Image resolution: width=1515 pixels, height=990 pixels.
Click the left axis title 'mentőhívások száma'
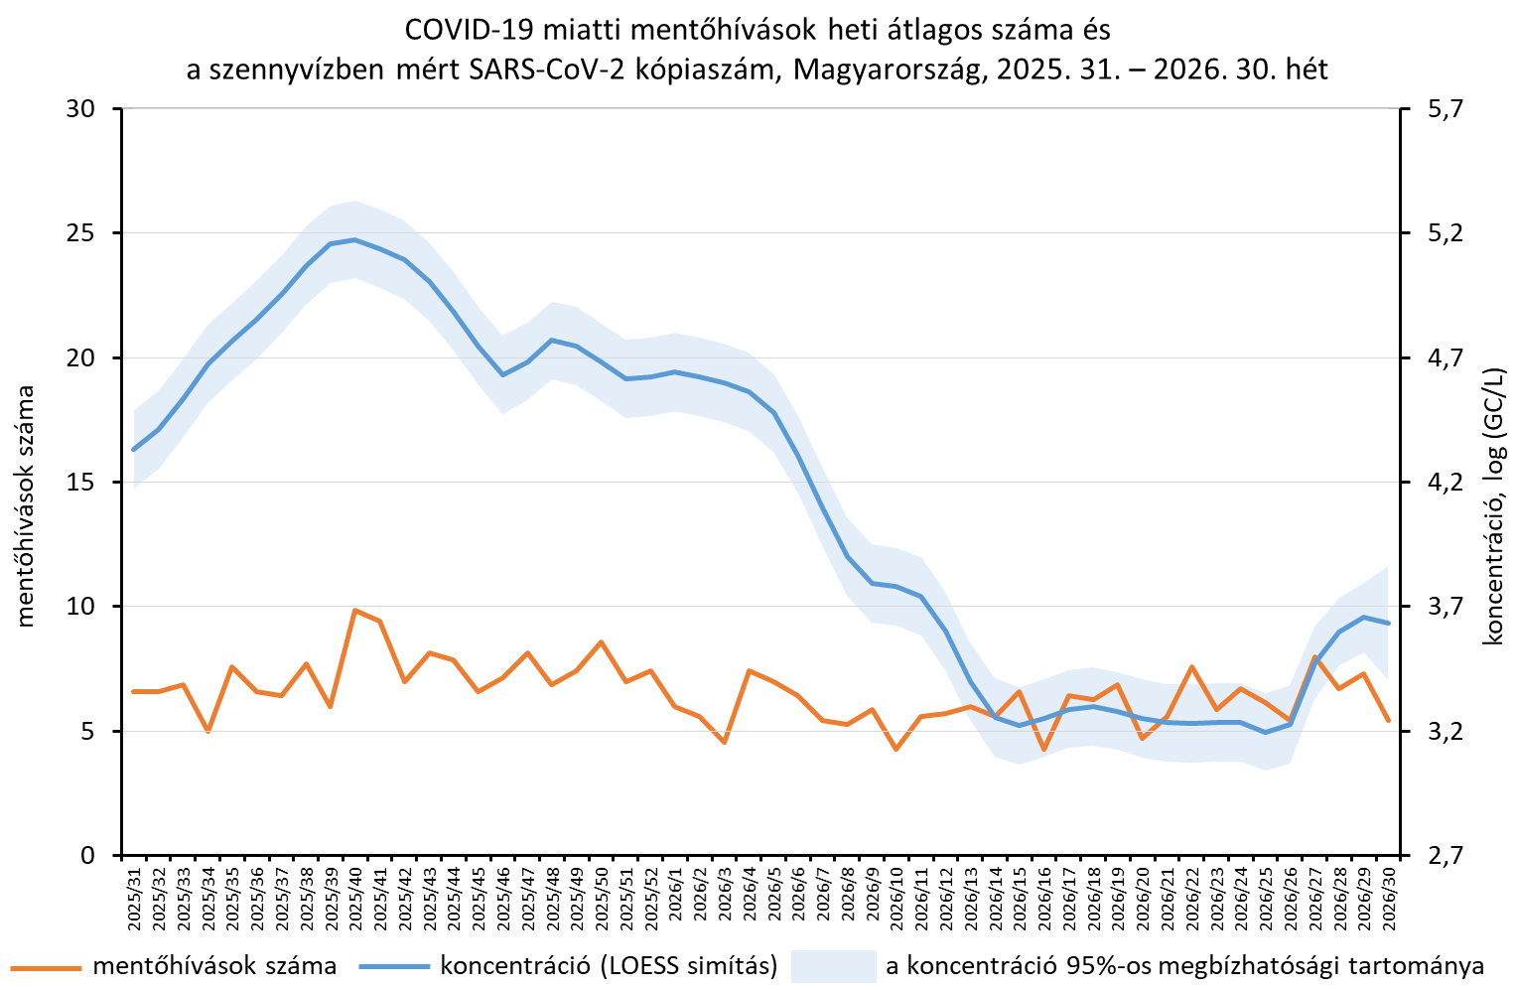[x=25, y=505]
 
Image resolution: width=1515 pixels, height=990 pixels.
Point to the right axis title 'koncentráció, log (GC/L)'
[x=1492, y=506]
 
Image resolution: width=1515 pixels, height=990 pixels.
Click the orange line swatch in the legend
[x=46, y=966]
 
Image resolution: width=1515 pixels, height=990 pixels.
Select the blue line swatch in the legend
[x=393, y=966]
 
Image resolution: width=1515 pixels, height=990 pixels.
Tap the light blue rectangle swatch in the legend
[x=833, y=966]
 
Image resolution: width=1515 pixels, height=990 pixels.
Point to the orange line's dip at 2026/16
[x=1043, y=750]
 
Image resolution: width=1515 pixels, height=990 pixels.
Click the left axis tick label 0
[x=88, y=855]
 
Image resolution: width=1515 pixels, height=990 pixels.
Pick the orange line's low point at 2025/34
[x=208, y=732]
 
